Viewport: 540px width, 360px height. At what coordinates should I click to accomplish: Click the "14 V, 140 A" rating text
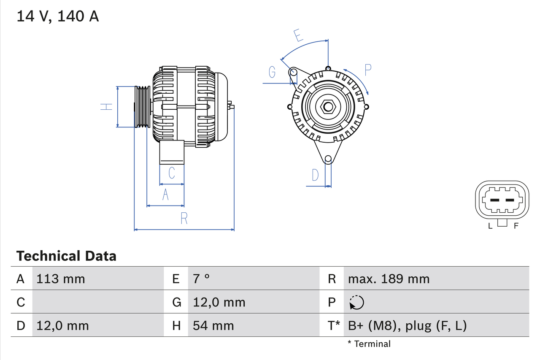[x=58, y=16]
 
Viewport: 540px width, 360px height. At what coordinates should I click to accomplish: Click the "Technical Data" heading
[x=66, y=256]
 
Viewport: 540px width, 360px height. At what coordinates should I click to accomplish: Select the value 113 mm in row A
[x=61, y=279]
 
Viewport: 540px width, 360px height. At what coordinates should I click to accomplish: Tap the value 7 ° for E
[x=201, y=279]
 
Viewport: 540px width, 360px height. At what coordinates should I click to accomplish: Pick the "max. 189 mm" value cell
[x=389, y=279]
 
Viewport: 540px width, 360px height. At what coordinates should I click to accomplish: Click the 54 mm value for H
[x=213, y=325]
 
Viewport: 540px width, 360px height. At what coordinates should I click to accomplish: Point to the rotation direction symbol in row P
[x=356, y=303]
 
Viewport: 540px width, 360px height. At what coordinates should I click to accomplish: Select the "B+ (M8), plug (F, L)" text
[x=407, y=325]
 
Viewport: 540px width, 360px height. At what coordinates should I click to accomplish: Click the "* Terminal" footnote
[x=369, y=344]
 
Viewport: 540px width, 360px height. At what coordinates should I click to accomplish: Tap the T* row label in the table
[x=334, y=325]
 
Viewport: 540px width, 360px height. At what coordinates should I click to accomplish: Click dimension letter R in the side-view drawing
[x=184, y=219]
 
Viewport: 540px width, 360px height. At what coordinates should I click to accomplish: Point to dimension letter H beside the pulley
[x=107, y=107]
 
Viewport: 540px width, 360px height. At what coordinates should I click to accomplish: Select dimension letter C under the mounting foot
[x=172, y=173]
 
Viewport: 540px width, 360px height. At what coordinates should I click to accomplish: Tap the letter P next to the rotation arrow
[x=368, y=70]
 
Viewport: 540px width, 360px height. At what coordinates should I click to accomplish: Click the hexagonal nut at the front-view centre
[x=328, y=107]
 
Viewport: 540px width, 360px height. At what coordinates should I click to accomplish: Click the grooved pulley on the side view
[x=143, y=107]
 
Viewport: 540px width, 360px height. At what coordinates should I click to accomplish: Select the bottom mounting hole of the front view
[x=328, y=159]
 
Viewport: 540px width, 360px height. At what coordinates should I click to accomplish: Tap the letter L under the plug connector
[x=490, y=226]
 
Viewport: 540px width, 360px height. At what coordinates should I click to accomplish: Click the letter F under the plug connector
[x=516, y=226]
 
